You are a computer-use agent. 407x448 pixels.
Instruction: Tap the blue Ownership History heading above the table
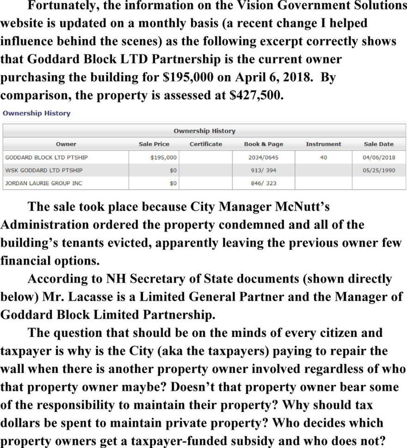(x=37, y=113)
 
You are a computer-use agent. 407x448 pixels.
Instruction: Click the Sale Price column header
(x=154, y=144)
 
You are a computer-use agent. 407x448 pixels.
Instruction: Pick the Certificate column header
(x=206, y=144)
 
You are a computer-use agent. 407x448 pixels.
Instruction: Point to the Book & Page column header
(x=263, y=144)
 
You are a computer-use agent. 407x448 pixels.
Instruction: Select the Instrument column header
(x=323, y=144)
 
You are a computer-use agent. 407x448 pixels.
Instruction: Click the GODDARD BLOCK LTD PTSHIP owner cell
(x=46, y=158)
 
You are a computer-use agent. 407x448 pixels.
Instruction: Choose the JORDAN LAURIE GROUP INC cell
(x=43, y=183)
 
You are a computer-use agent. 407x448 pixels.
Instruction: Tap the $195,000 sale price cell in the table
(x=164, y=158)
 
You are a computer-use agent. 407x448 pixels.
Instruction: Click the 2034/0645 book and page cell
(x=263, y=158)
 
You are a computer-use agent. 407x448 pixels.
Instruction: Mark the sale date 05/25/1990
(x=379, y=170)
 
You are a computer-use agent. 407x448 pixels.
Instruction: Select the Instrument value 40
(x=323, y=158)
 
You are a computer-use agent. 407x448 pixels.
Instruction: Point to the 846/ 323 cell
(x=263, y=183)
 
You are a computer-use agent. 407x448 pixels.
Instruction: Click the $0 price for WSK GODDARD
(x=173, y=170)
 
